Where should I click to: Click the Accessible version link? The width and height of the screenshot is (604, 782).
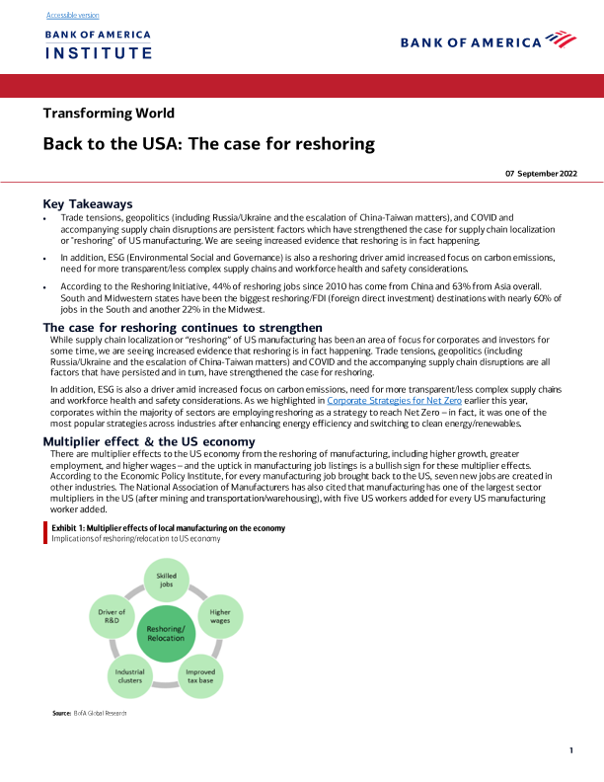tap(72, 16)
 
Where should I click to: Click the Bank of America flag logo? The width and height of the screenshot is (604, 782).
tap(560, 40)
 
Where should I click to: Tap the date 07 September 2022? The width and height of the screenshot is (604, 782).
tap(541, 173)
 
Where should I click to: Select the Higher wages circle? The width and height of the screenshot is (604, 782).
tap(220, 616)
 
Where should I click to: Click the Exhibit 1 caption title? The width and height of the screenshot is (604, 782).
tap(168, 528)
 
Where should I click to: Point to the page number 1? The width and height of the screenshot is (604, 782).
tap(571, 751)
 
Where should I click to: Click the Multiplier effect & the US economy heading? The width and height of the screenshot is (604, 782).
tap(149, 440)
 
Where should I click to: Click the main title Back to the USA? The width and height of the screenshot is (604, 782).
tap(208, 144)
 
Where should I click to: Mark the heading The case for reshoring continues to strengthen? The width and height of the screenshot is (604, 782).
tap(183, 327)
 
